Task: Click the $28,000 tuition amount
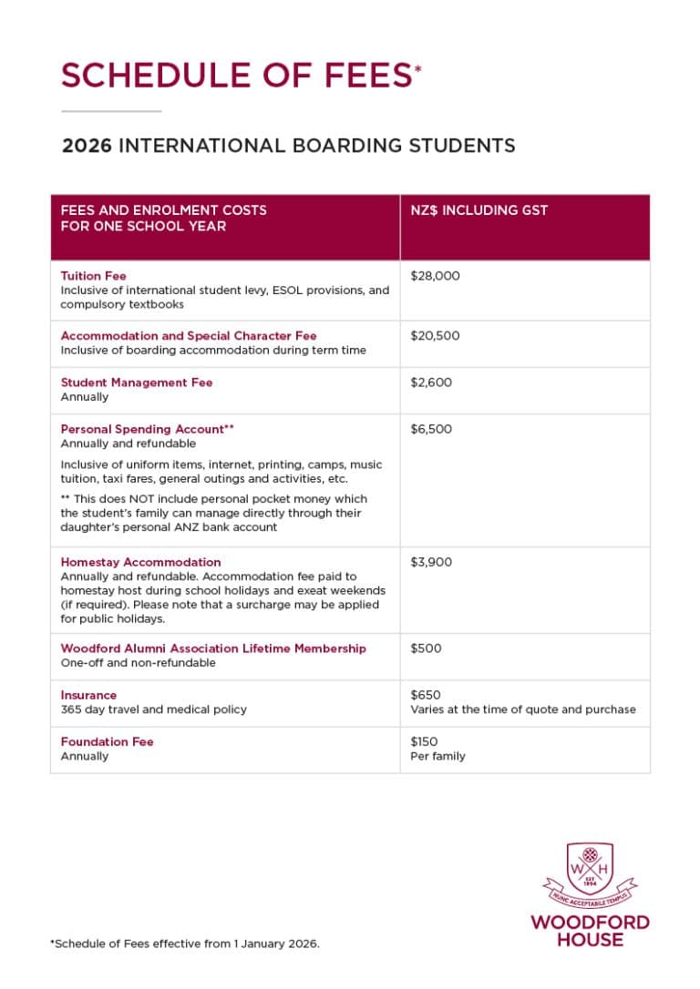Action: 435,276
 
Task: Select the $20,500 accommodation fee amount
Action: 435,336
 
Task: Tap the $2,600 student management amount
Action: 430,382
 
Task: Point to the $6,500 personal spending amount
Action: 430,429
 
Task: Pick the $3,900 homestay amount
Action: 430,562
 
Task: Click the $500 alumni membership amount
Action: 424,648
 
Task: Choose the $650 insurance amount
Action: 424,695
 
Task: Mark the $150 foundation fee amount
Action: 423,741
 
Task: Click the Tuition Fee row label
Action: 93,276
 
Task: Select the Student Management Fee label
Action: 136,382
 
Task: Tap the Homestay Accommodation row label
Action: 140,562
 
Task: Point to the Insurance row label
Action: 88,695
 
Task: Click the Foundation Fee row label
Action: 107,741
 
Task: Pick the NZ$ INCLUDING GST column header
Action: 479,210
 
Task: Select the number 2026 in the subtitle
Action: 87,146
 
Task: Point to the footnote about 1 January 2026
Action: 185,944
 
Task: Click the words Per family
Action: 437,756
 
